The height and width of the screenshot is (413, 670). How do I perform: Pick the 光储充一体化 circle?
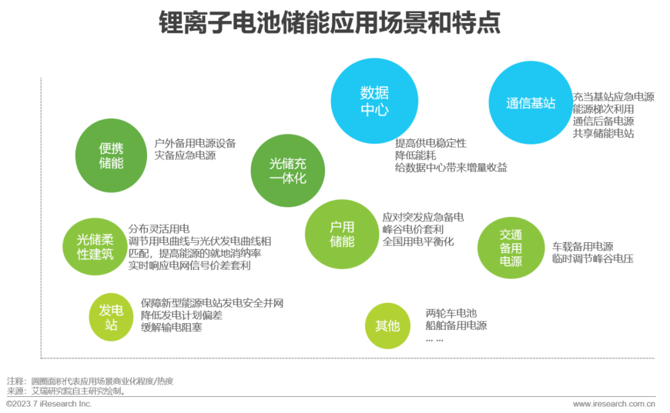(x=288, y=170)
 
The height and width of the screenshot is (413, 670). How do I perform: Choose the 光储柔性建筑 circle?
(x=95, y=246)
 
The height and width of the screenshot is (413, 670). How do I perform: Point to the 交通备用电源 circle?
(x=511, y=248)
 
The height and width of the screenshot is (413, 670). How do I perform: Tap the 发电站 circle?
(x=111, y=318)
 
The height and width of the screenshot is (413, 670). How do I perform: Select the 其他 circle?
(x=387, y=325)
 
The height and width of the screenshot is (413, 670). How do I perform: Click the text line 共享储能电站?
(x=603, y=134)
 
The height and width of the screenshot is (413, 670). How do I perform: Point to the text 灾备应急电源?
(x=185, y=156)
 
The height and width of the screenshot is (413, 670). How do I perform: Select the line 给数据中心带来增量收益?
(x=450, y=167)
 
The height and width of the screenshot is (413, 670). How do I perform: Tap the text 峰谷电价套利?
(x=413, y=229)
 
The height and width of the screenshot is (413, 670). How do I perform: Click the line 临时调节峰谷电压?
(x=592, y=259)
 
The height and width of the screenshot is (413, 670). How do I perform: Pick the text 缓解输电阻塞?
(x=171, y=327)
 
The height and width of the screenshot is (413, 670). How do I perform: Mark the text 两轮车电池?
(x=451, y=313)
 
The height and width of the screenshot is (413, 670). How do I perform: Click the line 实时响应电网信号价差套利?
(x=190, y=265)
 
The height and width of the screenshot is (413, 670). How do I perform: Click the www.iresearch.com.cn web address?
(x=614, y=404)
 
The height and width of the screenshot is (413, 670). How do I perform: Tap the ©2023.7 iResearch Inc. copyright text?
(x=49, y=404)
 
